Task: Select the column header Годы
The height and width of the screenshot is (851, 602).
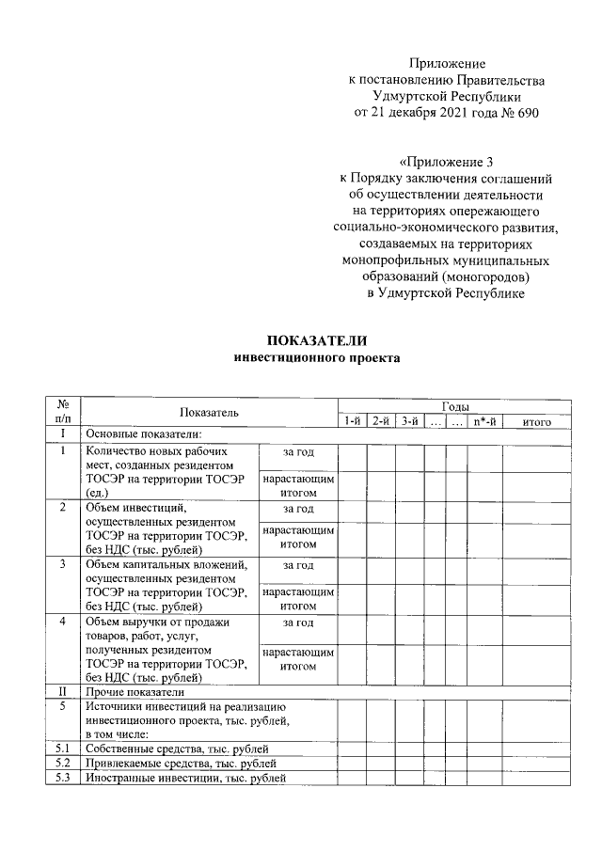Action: click(455, 404)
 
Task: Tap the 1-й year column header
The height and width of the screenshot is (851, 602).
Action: click(353, 421)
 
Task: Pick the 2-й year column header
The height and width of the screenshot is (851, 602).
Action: click(381, 421)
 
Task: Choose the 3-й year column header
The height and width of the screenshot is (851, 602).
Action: click(409, 421)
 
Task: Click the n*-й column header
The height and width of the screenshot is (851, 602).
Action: click(485, 421)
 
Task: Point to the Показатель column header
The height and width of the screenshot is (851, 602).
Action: click(210, 413)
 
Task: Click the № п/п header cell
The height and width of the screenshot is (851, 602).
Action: click(63, 413)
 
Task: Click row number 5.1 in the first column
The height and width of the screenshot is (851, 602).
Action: click(63, 749)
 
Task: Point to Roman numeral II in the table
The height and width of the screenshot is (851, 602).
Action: click(63, 691)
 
